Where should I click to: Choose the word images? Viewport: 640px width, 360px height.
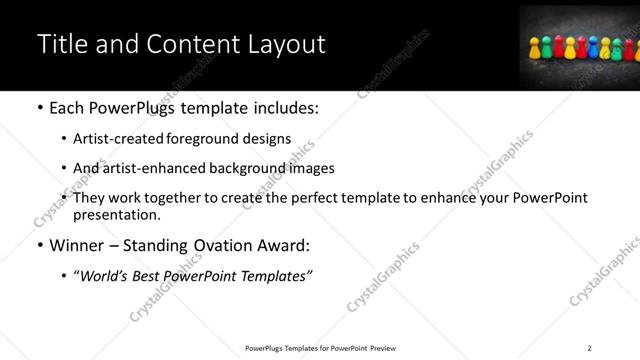click(313, 168)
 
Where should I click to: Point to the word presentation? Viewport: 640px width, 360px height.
click(117, 214)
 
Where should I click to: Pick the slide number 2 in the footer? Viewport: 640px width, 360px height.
click(589, 347)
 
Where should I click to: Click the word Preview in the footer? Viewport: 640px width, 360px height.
click(383, 347)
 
